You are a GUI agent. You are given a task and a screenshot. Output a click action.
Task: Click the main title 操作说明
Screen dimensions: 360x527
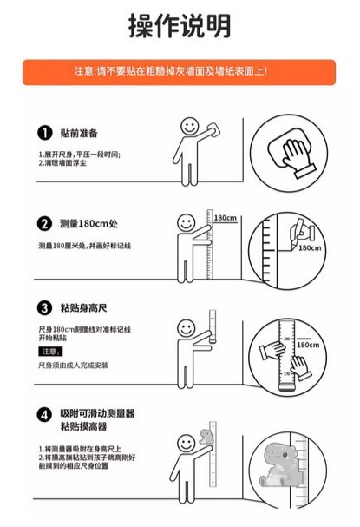coord(180,26)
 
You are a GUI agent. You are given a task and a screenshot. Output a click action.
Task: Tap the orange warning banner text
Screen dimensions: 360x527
coord(171,71)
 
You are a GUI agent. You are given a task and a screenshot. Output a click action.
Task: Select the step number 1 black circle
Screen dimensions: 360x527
coord(44,133)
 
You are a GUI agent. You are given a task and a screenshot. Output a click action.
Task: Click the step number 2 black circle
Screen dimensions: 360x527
coord(44,223)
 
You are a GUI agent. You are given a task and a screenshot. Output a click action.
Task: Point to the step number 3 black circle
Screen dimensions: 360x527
coord(44,308)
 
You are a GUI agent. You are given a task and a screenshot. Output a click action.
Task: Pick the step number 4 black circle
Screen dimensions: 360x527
coord(44,415)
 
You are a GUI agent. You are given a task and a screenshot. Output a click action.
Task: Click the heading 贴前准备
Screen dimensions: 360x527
coord(79,133)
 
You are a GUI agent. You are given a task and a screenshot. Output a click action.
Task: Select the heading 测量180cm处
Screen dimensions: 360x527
coord(88,223)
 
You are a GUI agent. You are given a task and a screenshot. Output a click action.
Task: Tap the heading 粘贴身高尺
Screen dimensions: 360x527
coord(83,308)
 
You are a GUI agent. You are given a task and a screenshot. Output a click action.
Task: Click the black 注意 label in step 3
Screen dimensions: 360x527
coord(50,352)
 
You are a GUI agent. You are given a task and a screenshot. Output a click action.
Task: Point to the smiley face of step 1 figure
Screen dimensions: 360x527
coord(190,127)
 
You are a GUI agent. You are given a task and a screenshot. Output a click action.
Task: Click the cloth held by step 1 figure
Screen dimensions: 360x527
coord(213,130)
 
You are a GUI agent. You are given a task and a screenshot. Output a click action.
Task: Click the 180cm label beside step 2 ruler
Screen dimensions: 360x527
coord(226,218)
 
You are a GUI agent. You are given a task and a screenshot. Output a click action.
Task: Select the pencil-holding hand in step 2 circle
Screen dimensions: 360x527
coord(302,232)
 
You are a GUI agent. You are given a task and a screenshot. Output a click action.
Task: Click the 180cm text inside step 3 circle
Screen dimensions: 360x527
coord(308,345)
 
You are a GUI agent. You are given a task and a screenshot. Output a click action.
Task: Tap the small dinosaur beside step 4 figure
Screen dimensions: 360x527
coord(206,437)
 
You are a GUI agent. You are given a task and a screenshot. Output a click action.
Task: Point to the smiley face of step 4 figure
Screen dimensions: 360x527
coord(187,444)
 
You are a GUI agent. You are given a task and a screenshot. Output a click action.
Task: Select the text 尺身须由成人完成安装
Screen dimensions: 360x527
coord(73,365)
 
